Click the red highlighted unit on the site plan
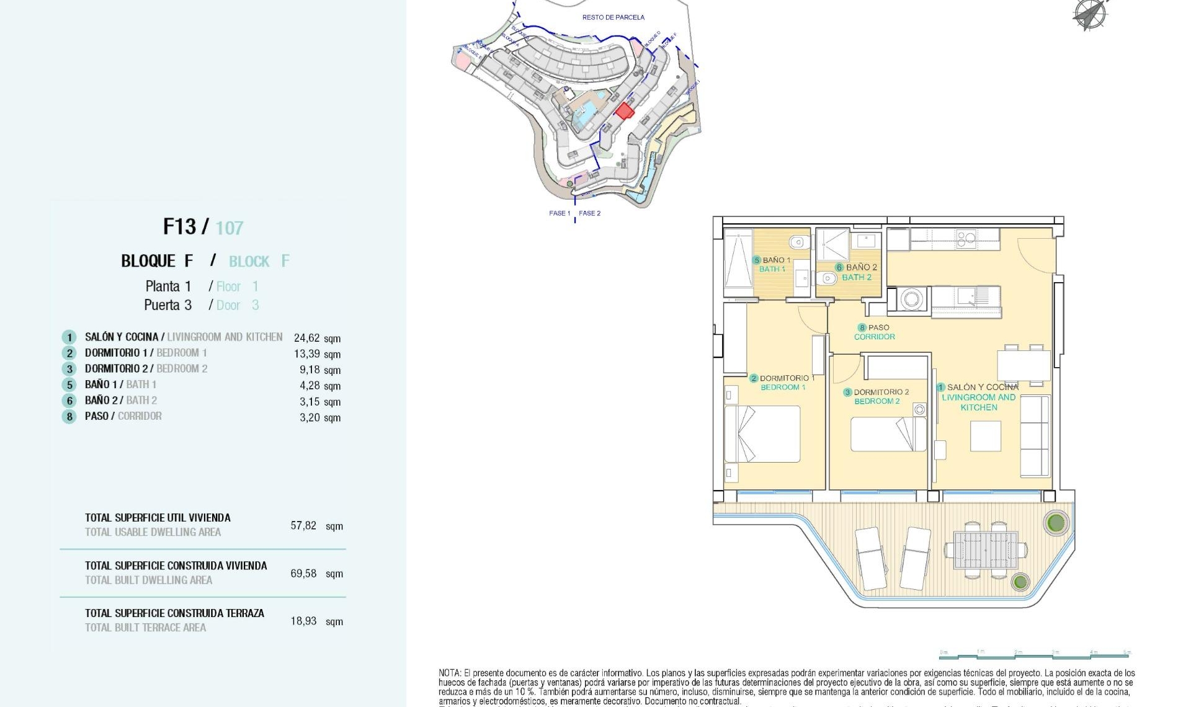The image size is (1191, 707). pos(624,111)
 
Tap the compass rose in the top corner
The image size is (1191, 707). pos(1090,14)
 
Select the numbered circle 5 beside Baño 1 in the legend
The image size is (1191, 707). pos(69,385)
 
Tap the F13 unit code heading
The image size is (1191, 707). pos(179,227)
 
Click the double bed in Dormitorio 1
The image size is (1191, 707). pos(762,434)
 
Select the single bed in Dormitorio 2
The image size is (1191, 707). pos(888,434)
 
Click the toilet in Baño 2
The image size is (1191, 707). pos(827,277)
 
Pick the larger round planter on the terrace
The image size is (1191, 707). pos(1056,523)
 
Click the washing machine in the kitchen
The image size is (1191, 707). pos(911,300)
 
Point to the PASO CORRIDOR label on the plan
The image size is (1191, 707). pos(874,332)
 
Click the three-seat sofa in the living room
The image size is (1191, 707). pos(1035,436)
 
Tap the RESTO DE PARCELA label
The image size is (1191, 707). pos(613,17)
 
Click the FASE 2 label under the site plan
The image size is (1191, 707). pos(589,213)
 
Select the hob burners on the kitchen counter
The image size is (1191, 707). pos(966,239)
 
